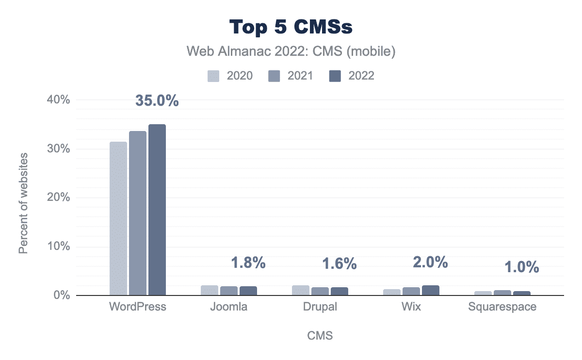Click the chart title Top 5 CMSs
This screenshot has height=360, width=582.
click(291, 27)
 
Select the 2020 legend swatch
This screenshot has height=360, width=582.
click(213, 76)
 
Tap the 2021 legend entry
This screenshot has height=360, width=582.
click(291, 76)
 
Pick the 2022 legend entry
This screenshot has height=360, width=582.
click(352, 76)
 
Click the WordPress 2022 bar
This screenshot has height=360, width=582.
click(157, 210)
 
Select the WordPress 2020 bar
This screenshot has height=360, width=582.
click(118, 219)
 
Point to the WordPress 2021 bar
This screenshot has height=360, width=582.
click(138, 213)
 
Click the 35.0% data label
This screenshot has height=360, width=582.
click(157, 100)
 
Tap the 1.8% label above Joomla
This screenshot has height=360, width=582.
click(248, 262)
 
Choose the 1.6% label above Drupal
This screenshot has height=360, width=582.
click(339, 263)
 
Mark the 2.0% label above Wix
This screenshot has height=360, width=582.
click(431, 262)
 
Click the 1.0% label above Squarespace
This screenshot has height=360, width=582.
click(522, 267)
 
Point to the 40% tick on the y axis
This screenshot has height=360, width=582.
click(59, 99)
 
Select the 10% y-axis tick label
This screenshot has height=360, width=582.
click(59, 246)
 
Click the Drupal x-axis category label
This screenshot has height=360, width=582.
click(320, 307)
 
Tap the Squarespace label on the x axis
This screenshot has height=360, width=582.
click(502, 307)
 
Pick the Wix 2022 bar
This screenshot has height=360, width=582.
click(431, 290)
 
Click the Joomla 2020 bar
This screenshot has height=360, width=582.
click(210, 290)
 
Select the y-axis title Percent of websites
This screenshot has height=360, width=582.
click(23, 203)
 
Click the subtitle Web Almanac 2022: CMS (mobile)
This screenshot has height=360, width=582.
click(291, 51)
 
